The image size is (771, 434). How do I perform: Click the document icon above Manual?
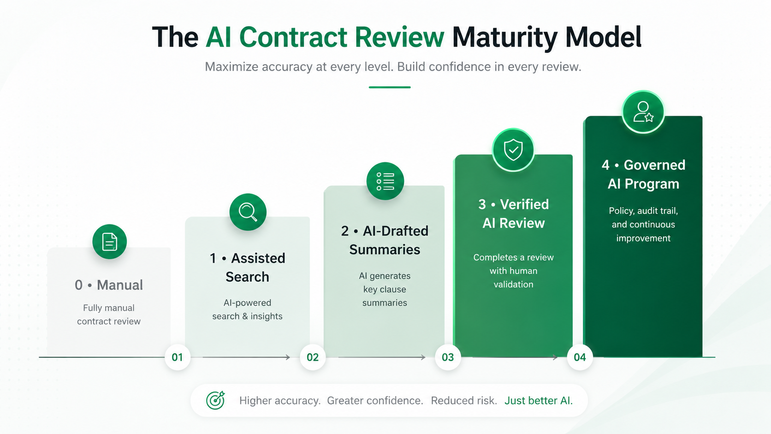coord(109,241)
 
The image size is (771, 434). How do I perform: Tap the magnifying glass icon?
coord(248,212)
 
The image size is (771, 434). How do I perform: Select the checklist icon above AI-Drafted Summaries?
coord(385,181)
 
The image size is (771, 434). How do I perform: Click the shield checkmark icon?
coord(513,150)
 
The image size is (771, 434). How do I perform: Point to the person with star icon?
coord(643,112)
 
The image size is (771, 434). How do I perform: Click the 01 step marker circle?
coord(177,357)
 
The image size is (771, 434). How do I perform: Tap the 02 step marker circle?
coord(313,357)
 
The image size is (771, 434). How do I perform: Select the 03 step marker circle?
coord(448,357)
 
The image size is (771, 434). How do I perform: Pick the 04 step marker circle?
coord(580,357)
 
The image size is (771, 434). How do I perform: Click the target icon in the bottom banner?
coord(215,400)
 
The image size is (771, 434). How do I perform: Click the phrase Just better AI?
coord(538,401)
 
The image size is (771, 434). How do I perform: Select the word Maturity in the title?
coord(504,37)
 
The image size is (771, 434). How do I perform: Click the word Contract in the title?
coord(293,37)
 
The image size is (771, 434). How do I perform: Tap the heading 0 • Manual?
coord(109,285)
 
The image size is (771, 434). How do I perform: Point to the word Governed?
coord(654,165)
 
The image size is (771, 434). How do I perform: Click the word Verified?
coord(524,204)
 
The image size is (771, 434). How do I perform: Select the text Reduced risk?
coord(464,401)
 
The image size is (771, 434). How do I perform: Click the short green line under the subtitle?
coord(390,87)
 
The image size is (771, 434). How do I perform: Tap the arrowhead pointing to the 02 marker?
coord(287,357)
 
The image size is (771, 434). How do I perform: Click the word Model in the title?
coord(603,37)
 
